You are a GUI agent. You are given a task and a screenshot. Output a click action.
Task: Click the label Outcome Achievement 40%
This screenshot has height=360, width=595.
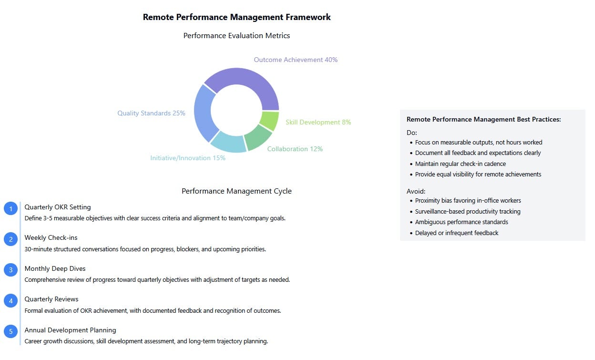(x=296, y=60)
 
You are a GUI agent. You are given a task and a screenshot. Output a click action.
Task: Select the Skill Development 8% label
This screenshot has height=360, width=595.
(x=318, y=122)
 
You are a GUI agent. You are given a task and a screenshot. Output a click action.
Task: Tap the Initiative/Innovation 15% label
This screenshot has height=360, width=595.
(x=188, y=158)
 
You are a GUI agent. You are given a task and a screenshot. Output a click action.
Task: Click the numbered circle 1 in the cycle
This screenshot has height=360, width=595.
(x=10, y=208)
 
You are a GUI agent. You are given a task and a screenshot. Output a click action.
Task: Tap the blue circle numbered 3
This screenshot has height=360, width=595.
(x=10, y=270)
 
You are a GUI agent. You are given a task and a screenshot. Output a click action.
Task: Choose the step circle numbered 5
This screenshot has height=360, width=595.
(x=10, y=331)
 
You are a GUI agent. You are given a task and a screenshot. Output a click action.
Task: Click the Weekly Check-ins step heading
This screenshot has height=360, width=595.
(x=51, y=237)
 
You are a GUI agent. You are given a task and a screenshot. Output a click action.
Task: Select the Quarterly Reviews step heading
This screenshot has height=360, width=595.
(x=51, y=299)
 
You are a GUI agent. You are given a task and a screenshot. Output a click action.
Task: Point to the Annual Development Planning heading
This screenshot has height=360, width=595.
(x=70, y=330)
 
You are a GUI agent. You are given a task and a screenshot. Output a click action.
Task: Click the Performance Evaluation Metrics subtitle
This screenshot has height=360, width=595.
(x=236, y=36)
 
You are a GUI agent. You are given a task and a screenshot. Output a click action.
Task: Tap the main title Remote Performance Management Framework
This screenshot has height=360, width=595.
(x=236, y=17)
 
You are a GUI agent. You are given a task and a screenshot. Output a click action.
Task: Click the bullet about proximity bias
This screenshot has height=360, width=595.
(x=468, y=201)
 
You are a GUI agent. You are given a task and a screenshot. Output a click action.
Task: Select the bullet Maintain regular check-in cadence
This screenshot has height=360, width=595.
(x=461, y=164)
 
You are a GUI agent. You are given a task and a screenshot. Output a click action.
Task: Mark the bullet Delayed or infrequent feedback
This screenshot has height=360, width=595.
(x=457, y=233)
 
